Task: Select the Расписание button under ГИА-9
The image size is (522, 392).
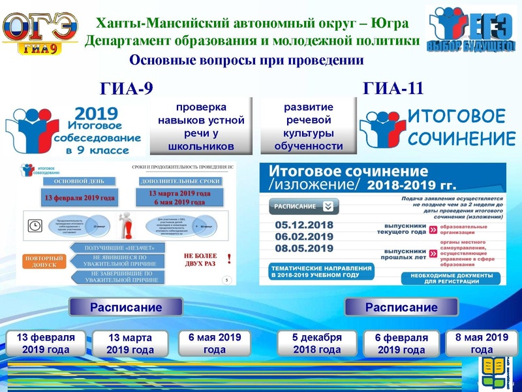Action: pos(125,307)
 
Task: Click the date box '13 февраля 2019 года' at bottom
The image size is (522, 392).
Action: pos(46,343)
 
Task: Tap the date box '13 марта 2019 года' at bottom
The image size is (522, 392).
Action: pos(130,344)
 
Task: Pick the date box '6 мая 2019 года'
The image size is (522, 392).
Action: pos(215,343)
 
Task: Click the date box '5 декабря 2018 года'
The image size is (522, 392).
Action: pos(316,343)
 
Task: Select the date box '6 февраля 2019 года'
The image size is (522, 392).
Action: pos(401,344)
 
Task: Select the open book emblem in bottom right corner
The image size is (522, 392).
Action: pos(497,370)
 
